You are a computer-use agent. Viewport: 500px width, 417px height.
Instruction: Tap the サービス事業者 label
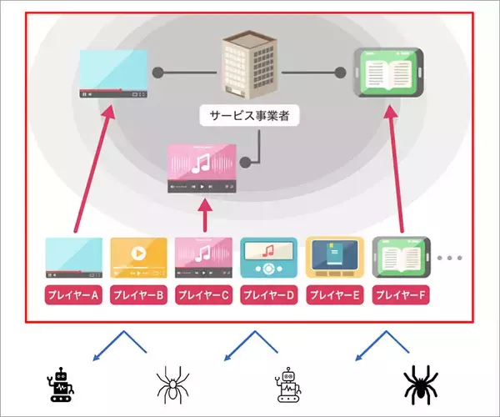click(249, 115)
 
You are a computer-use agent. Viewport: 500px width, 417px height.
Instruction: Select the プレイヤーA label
click(73, 295)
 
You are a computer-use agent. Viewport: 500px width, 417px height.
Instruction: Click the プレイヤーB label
click(139, 295)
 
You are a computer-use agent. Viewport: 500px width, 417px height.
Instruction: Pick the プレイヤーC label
click(204, 295)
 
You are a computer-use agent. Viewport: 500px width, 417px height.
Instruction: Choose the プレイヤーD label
click(269, 295)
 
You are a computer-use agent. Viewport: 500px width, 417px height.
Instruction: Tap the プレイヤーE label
click(335, 295)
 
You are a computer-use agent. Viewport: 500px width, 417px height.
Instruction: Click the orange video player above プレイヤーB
click(139, 257)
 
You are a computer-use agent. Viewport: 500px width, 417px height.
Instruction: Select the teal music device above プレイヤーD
click(269, 257)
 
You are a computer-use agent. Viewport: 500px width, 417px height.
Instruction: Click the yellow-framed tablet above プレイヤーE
click(335, 257)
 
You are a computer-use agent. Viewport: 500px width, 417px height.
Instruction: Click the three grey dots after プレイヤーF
click(448, 258)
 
